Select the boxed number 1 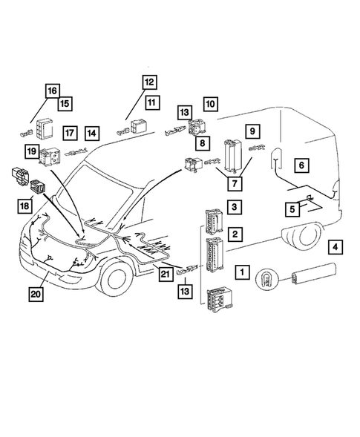(243, 272)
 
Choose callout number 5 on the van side (292, 209)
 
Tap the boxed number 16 (51, 91)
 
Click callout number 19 (53, 152)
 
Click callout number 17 (70, 134)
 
